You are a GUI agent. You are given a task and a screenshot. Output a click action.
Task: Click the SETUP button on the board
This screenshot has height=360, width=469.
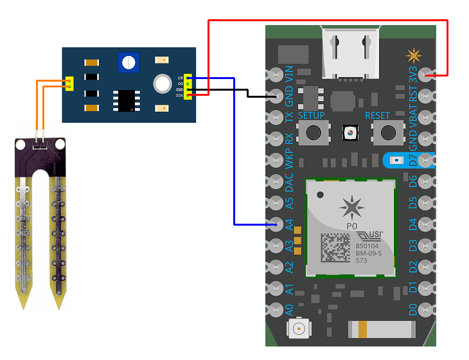coord(314,132)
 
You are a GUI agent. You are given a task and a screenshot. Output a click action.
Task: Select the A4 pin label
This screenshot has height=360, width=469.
coord(289,224)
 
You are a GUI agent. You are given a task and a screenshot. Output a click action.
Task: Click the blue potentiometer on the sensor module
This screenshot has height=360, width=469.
coord(129,62)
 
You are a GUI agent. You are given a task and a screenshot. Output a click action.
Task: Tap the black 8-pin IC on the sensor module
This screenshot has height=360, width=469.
coord(124,100)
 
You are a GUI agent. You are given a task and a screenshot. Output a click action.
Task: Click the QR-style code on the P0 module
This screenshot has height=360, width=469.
coord(336,246)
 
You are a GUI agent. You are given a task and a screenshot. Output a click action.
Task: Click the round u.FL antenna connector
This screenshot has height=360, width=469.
coord(299,330)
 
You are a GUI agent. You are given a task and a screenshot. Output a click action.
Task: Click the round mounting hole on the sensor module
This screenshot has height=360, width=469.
coord(161,84)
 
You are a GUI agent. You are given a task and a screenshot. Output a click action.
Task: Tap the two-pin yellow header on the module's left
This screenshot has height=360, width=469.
coord(69,84)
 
